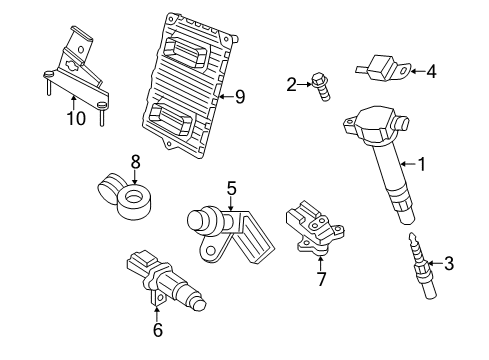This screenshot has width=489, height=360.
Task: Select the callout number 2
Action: [x=291, y=84]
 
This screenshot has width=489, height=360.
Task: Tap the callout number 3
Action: [x=449, y=264]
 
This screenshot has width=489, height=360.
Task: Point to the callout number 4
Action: [x=431, y=71]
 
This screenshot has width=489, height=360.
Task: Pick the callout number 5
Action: [x=231, y=187]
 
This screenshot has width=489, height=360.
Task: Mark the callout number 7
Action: [x=320, y=278]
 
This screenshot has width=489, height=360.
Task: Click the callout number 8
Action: [x=135, y=162]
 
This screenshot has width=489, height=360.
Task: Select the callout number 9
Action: [x=239, y=97]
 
